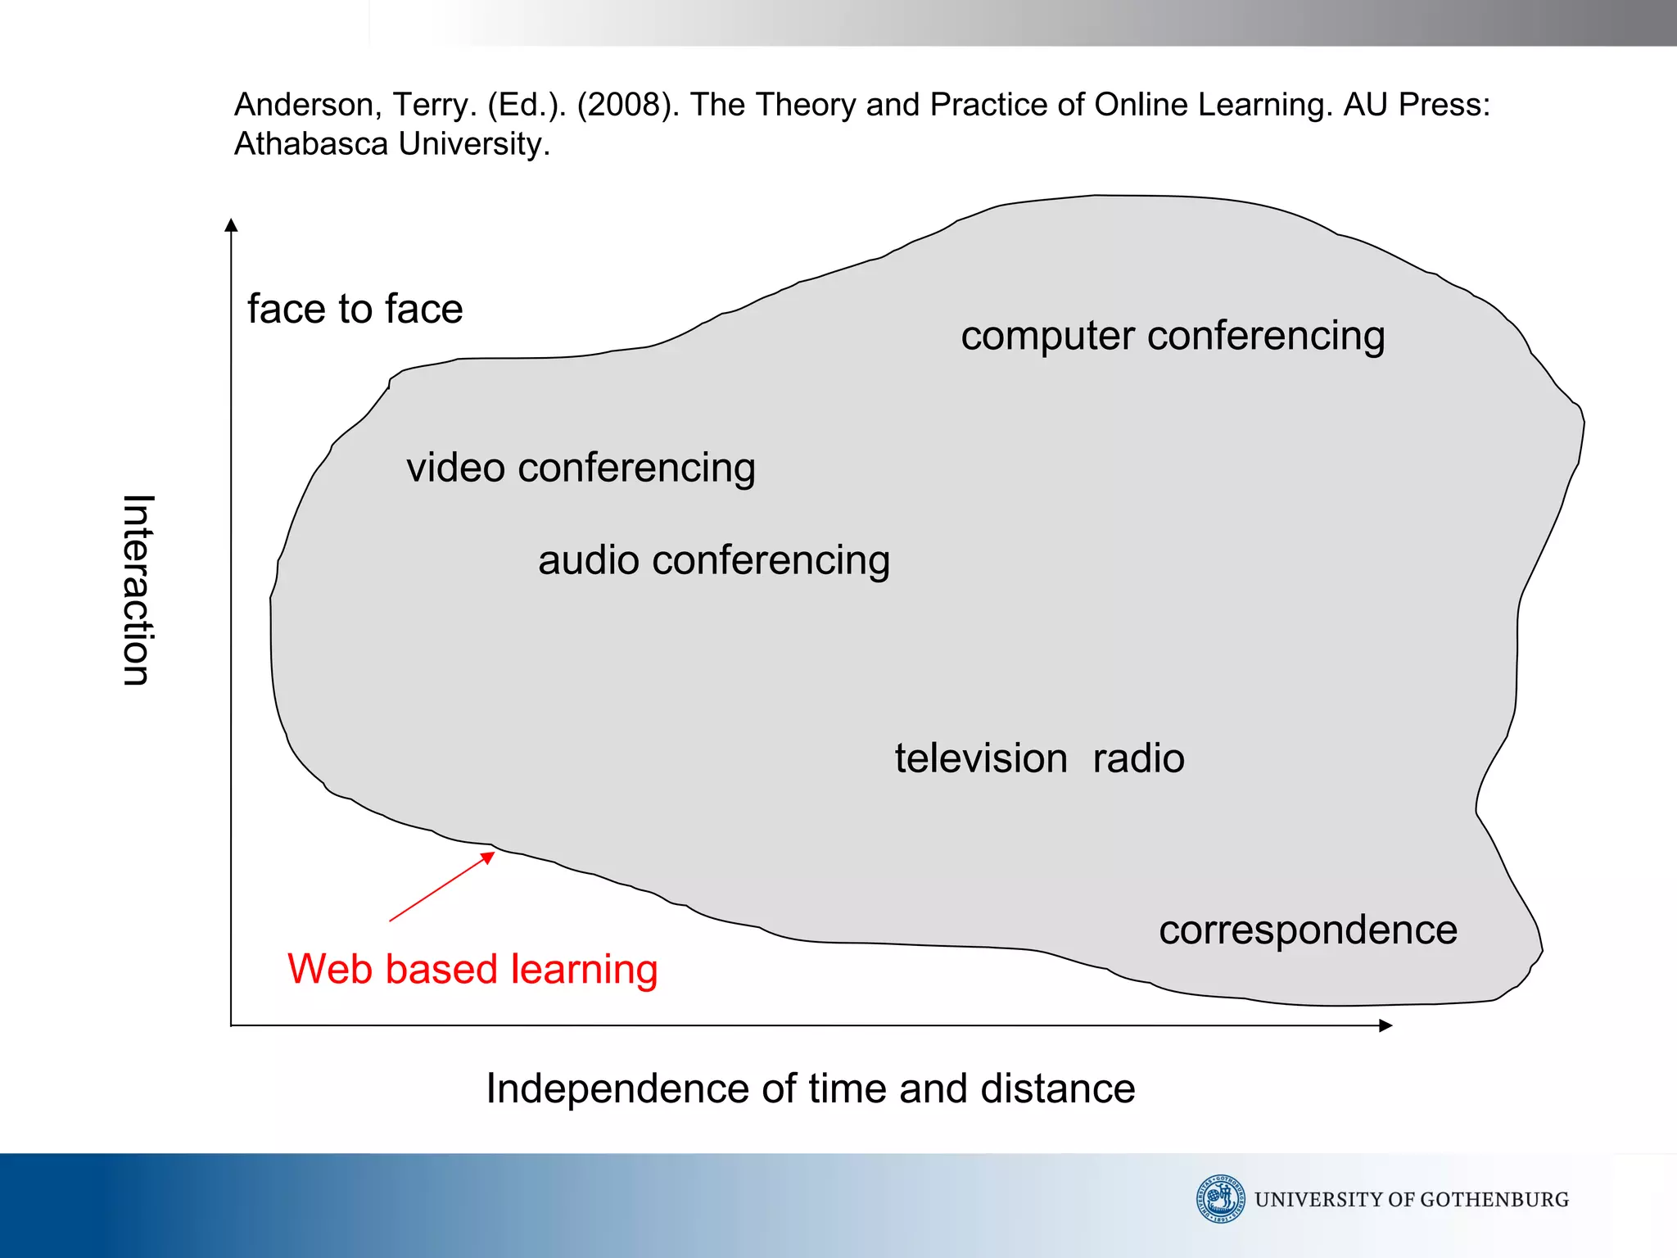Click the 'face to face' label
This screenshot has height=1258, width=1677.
(x=355, y=310)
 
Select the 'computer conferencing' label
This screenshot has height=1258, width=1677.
(x=1172, y=337)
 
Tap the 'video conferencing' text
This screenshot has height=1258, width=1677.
(x=581, y=468)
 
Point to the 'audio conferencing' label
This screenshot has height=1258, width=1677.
(x=713, y=561)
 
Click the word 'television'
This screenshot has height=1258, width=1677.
(x=980, y=758)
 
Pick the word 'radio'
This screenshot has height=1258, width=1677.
(x=1138, y=758)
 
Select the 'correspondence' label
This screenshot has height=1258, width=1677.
(x=1308, y=931)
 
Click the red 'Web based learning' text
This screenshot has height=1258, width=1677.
(x=472, y=970)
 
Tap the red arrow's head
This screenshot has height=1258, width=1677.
(x=489, y=857)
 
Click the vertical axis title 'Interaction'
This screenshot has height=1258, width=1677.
(x=137, y=590)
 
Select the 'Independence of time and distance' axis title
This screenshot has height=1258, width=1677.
(x=810, y=1089)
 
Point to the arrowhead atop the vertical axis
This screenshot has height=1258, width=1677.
(x=231, y=224)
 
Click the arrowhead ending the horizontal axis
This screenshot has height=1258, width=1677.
(x=1385, y=1025)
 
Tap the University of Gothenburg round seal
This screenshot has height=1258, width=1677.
(x=1220, y=1199)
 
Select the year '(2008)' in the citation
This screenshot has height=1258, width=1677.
(x=627, y=105)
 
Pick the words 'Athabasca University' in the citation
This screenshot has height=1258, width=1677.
(x=391, y=144)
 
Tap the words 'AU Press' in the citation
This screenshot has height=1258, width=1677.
(x=1415, y=105)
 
